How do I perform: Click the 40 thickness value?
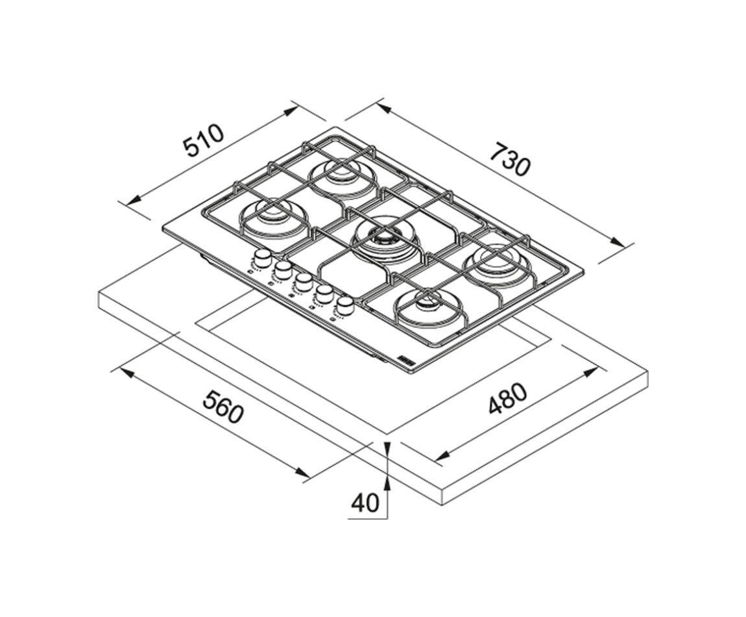pos(365,503)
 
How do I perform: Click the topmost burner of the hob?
pos(343,175)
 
